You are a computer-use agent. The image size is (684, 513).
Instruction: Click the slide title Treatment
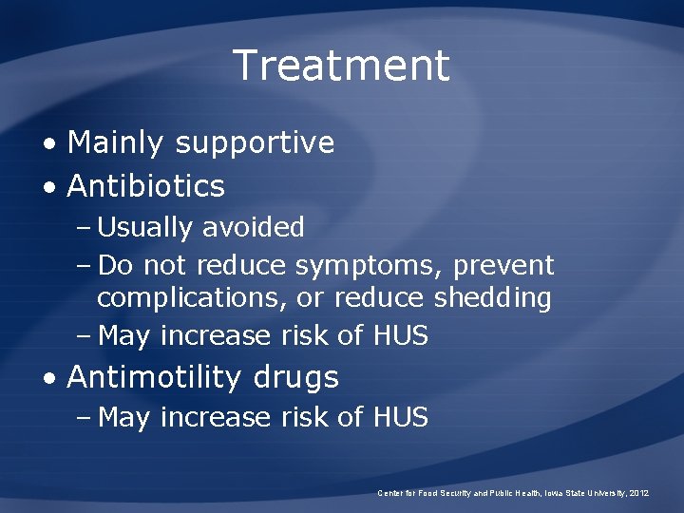pos(341,66)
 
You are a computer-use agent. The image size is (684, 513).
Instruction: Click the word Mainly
pos(117,142)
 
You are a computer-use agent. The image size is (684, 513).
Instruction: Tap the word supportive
pos(255,143)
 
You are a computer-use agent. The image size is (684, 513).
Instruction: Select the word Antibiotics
pos(146,186)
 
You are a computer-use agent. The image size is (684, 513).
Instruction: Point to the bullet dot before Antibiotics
pos(50,187)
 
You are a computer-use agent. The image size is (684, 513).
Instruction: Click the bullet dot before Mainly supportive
pos(50,143)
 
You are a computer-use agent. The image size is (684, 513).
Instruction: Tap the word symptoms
pos(373,264)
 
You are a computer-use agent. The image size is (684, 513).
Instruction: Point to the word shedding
pos(492,297)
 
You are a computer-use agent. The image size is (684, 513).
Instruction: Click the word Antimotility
pos(155,377)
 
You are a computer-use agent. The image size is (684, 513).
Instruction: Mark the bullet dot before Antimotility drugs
pos(50,378)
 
